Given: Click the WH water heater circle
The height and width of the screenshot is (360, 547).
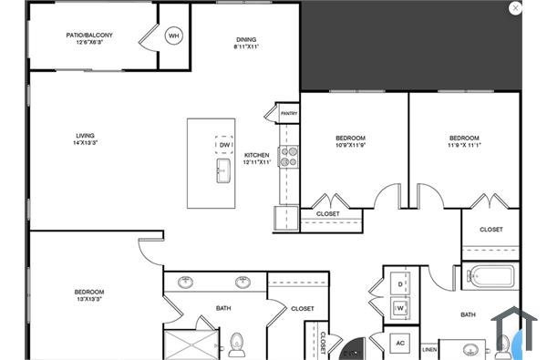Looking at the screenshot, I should (173, 36).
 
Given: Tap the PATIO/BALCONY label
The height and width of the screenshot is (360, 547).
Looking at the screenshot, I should (88, 36).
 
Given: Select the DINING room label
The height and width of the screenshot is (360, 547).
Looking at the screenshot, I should (246, 39).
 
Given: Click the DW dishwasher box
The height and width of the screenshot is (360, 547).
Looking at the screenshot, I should (225, 145).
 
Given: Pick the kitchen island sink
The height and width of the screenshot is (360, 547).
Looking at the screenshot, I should (223, 170).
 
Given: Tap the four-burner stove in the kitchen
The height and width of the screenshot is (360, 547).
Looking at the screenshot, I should (289, 157).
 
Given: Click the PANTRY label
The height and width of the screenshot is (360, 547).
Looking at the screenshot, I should (289, 114).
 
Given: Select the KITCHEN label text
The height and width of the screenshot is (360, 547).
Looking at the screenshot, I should (256, 156).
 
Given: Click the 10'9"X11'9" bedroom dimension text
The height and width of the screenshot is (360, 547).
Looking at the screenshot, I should (351, 144).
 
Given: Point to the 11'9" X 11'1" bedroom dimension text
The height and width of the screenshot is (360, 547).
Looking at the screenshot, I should (464, 144).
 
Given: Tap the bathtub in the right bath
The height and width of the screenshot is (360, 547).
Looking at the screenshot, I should (493, 275).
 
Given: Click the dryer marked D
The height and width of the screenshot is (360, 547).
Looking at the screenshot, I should (400, 285).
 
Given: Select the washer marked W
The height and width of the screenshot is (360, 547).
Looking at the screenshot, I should (400, 308).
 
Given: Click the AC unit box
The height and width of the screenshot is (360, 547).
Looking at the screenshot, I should (399, 343).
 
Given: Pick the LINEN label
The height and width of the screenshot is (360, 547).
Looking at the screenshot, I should (429, 349).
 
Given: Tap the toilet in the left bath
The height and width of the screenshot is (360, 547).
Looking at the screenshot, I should (238, 344).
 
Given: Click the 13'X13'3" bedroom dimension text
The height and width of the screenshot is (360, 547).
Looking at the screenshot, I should (88, 298).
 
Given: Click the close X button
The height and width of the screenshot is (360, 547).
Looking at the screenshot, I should (516, 8).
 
